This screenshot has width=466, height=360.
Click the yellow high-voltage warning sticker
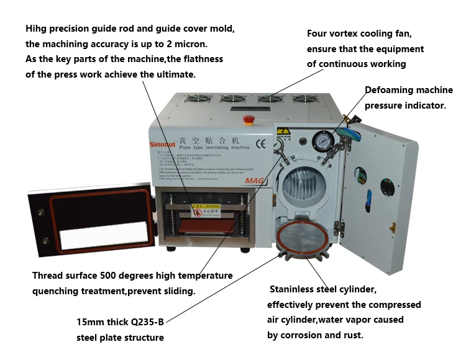(283, 132)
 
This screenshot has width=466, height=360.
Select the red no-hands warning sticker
(198, 210)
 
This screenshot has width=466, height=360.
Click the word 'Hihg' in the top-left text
(36, 29)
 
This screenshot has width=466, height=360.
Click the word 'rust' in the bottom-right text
(352, 335)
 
